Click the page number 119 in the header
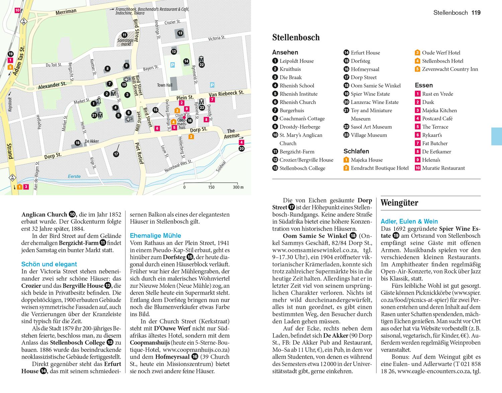pos(476,13)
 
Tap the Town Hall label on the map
pos(165,85)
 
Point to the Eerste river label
pos(74,176)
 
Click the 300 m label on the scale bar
pos(238,187)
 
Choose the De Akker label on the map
pos(92,141)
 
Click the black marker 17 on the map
pos(116,154)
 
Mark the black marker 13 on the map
pos(180,33)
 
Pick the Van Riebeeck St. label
pos(227,94)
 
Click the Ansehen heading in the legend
pos(285,52)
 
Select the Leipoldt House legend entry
pos(297,61)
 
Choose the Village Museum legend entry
pos(368,135)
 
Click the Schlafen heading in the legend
pos(356,151)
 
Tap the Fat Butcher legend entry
pos(435,143)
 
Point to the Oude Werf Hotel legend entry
pos(441,52)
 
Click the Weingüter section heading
pos(399,203)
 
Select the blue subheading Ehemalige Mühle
pos(155,236)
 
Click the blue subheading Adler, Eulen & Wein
pos(409,221)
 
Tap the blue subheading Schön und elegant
pos(49,264)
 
